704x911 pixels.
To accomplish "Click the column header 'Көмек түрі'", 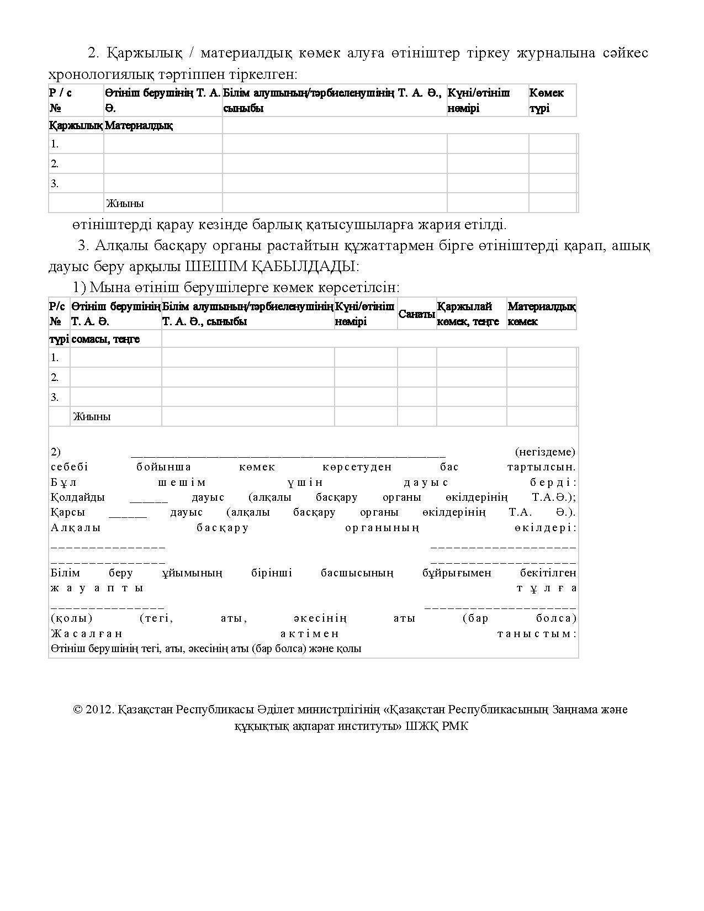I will [546, 100].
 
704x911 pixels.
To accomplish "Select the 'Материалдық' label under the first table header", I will [139, 126].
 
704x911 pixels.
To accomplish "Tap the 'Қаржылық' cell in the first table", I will [76, 126].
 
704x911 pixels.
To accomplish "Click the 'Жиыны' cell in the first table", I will [125, 203].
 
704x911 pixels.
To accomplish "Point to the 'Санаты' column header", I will [417, 314].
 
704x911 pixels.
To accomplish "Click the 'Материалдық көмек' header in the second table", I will [541, 314].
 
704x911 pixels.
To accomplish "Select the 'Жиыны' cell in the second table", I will [91, 417].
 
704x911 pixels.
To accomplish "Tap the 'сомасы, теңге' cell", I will [105, 339].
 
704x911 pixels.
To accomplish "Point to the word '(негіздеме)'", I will [545, 452].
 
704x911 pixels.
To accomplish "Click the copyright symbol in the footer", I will [77, 709].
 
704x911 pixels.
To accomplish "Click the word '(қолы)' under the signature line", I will [71, 618].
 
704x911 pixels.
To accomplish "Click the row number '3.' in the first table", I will [55, 183].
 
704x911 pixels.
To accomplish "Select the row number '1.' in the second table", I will [55, 358].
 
